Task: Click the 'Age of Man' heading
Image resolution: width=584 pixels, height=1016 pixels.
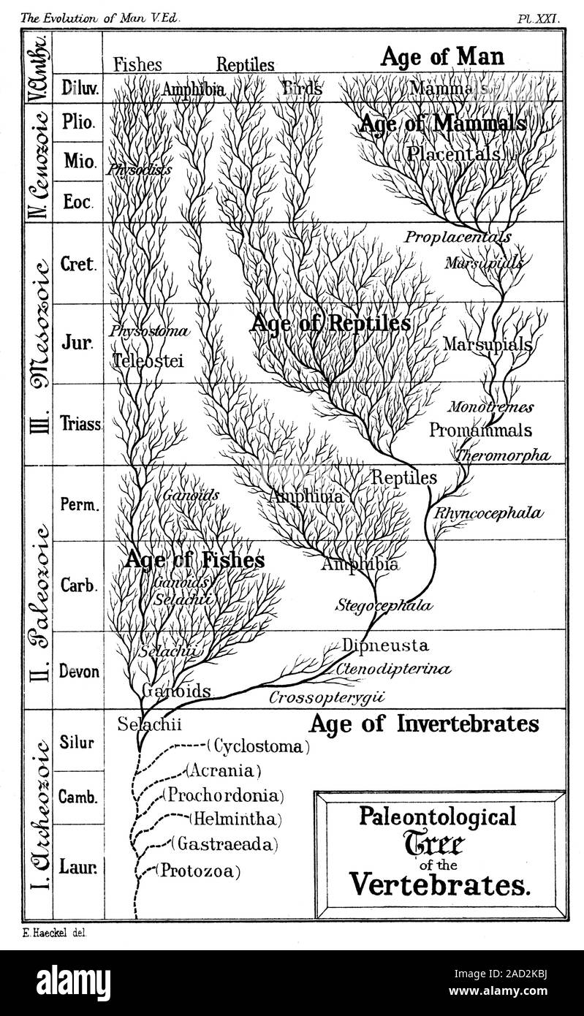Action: pos(442,57)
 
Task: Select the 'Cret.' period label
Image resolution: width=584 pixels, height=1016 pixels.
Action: pos(77,265)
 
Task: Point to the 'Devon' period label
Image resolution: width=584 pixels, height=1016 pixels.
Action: pos(78,671)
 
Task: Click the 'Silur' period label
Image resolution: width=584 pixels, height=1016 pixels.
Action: pos(77,739)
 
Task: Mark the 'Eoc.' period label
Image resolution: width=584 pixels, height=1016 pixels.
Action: pos(77,204)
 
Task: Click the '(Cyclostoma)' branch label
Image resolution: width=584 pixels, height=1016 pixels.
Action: pos(258,746)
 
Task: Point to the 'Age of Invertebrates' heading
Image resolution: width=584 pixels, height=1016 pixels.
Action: pos(423,724)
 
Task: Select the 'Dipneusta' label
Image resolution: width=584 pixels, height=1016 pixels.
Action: pos(384,645)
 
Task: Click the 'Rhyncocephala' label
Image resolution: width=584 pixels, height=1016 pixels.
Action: pos(489,513)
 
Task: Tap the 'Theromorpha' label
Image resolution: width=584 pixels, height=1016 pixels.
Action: pos(502,455)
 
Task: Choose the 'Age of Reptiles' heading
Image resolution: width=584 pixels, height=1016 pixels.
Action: pos(330,322)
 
